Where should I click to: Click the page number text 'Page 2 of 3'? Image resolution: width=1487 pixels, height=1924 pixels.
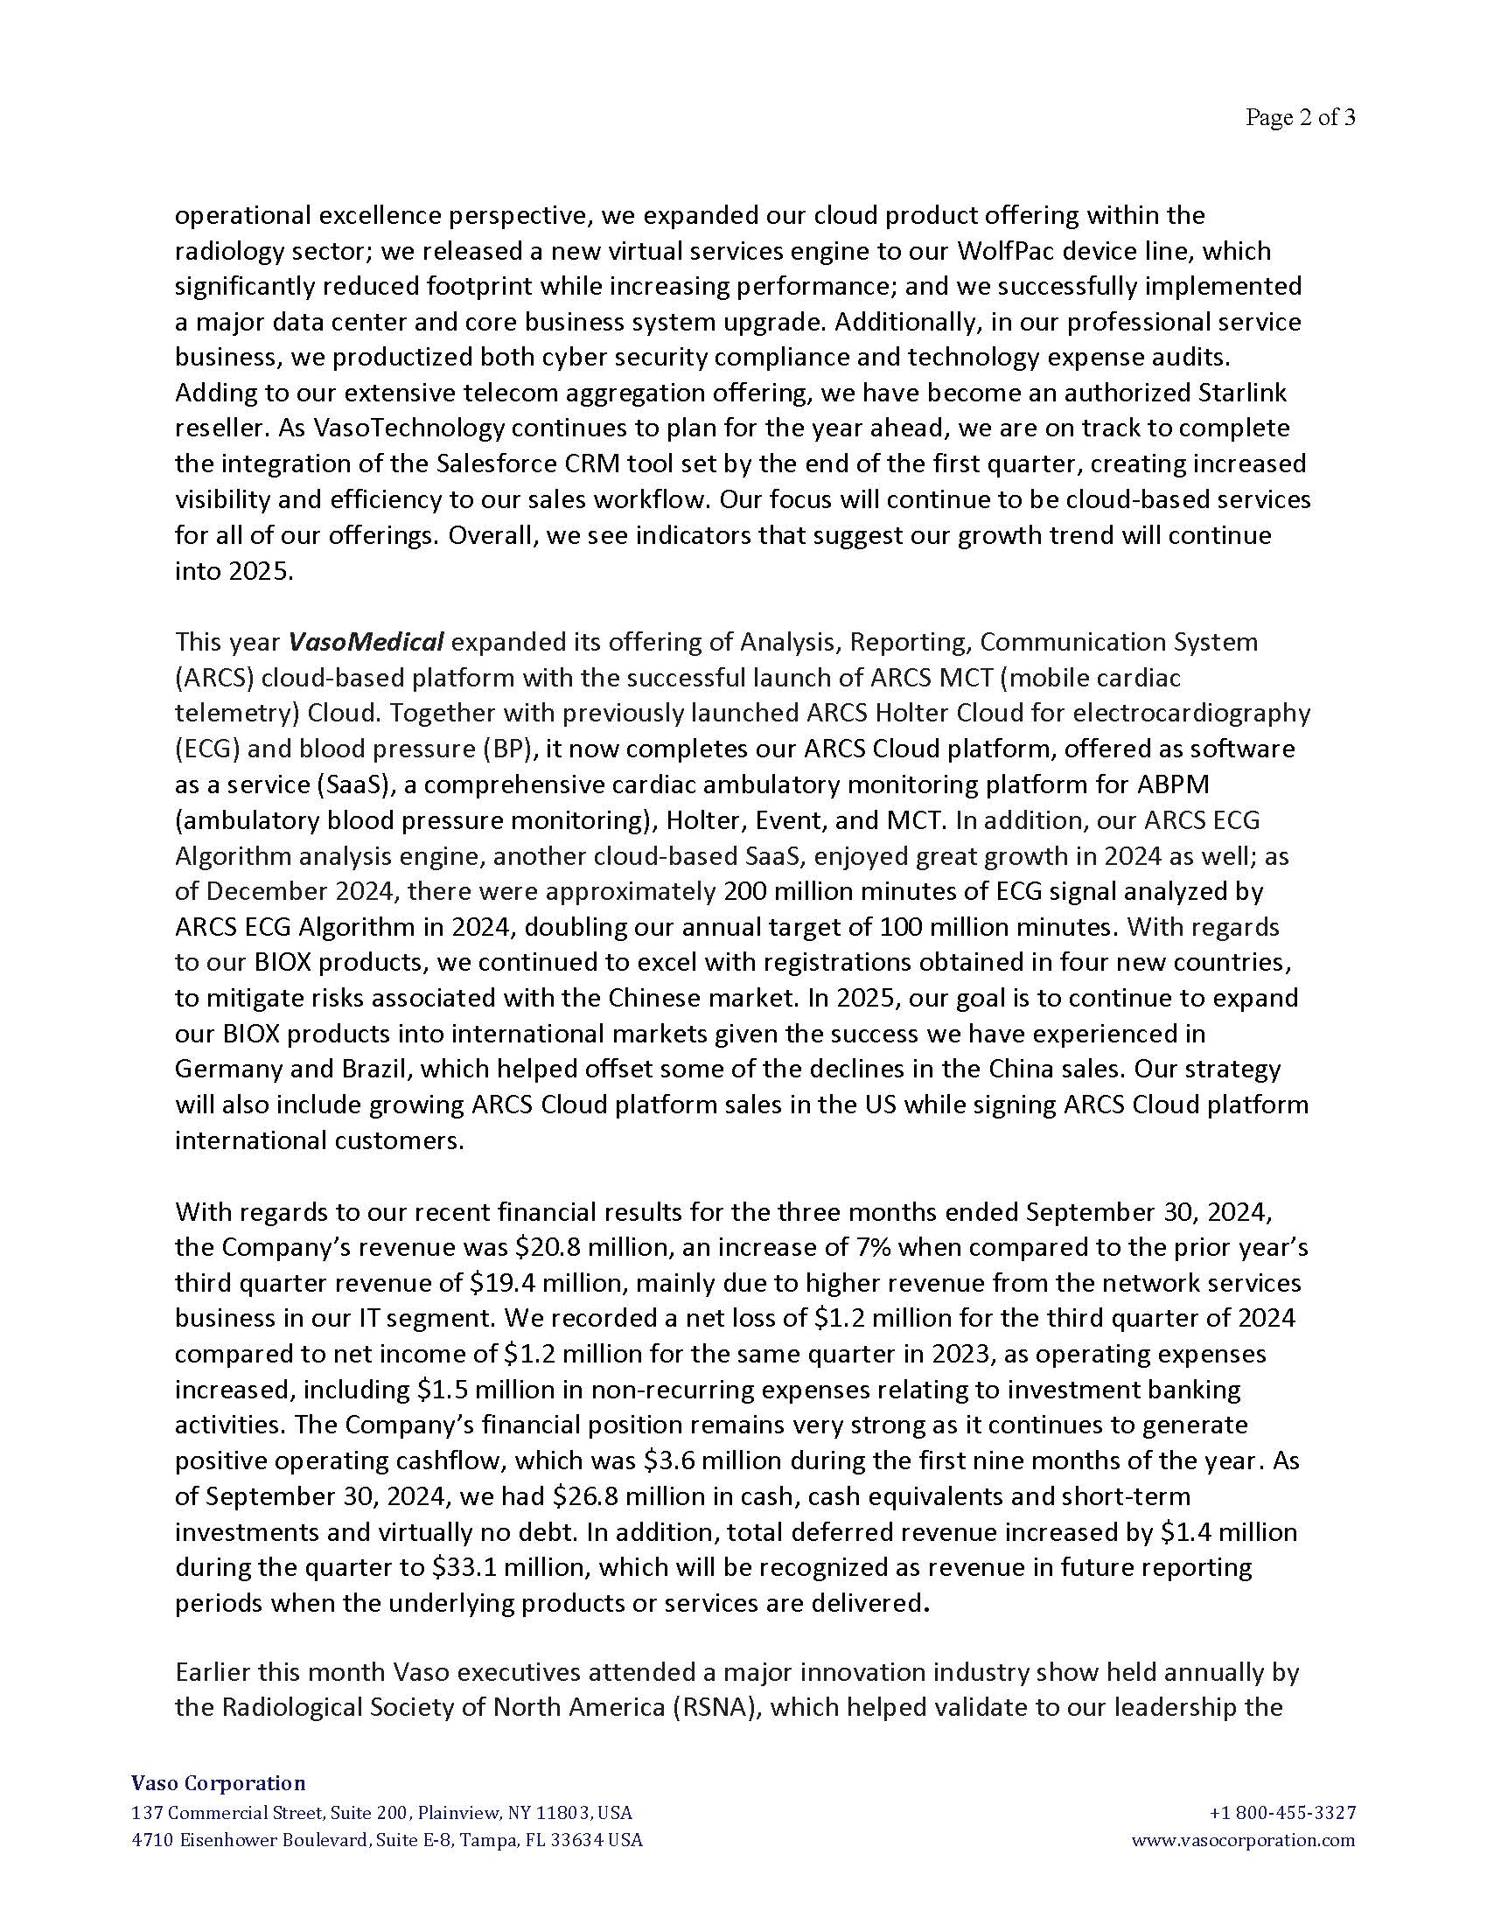pyautogui.click(x=1299, y=117)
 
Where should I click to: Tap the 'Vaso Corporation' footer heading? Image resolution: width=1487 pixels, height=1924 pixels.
pyautogui.click(x=219, y=1783)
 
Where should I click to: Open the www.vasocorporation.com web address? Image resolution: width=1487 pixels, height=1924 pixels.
pyautogui.click(x=1242, y=1840)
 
